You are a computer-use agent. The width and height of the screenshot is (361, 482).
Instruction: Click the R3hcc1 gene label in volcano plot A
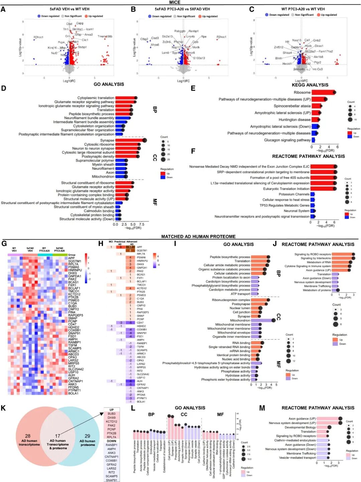[38, 37]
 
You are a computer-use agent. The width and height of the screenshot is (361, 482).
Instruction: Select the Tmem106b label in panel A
[105, 36]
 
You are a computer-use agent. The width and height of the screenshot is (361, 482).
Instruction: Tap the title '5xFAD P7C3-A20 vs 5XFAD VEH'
[182, 9]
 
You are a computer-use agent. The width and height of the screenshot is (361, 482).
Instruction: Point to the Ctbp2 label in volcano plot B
[144, 39]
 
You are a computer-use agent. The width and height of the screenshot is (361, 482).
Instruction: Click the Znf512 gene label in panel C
[278, 48]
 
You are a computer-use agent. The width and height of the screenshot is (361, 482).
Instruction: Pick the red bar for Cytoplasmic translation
[125, 98]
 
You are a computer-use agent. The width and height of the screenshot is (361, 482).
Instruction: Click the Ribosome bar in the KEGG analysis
[323, 92]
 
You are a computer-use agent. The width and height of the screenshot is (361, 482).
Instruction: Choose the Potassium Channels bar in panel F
[313, 194]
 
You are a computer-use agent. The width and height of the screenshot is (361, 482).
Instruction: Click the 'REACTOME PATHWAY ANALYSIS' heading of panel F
[308, 156]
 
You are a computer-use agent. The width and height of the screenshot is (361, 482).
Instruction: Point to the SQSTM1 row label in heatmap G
[75, 261]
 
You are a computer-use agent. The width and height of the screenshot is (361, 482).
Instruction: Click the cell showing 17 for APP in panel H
[130, 247]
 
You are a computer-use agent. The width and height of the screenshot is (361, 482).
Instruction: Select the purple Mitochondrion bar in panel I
[262, 320]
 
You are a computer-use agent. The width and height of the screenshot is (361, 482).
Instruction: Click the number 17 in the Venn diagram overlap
[58, 436]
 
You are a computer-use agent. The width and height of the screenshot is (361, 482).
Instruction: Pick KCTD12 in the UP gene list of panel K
[111, 421]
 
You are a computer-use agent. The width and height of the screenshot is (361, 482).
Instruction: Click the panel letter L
[133, 408]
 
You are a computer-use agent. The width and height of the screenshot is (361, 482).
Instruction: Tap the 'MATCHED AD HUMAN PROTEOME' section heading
[198, 237]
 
